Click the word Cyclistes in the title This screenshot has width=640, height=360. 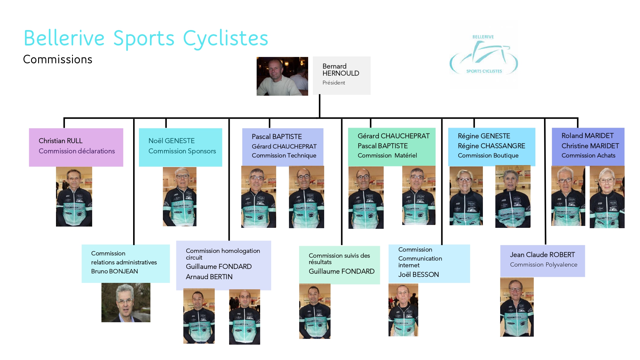point(225,39)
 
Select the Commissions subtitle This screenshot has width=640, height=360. point(58,60)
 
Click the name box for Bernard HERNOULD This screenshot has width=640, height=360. point(341,76)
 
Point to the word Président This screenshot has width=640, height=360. point(333,83)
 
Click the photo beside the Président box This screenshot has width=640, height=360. point(282,76)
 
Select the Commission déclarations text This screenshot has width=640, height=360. point(76,151)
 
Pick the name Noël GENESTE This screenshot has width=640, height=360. point(172,141)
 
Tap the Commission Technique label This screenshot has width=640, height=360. point(284,156)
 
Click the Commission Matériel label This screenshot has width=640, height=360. point(387,156)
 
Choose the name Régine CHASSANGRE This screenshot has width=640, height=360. point(491,146)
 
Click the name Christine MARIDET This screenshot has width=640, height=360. point(590,146)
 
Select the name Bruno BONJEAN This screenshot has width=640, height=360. point(115,271)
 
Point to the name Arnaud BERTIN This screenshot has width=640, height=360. point(209,277)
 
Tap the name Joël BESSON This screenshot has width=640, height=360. point(418,275)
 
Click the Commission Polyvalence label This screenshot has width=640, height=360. point(543,265)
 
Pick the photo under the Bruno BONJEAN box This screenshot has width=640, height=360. point(126,302)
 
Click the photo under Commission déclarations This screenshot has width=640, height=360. point(74,196)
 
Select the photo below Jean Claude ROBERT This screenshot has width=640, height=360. point(517,307)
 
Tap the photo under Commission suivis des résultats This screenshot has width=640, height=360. point(315,311)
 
